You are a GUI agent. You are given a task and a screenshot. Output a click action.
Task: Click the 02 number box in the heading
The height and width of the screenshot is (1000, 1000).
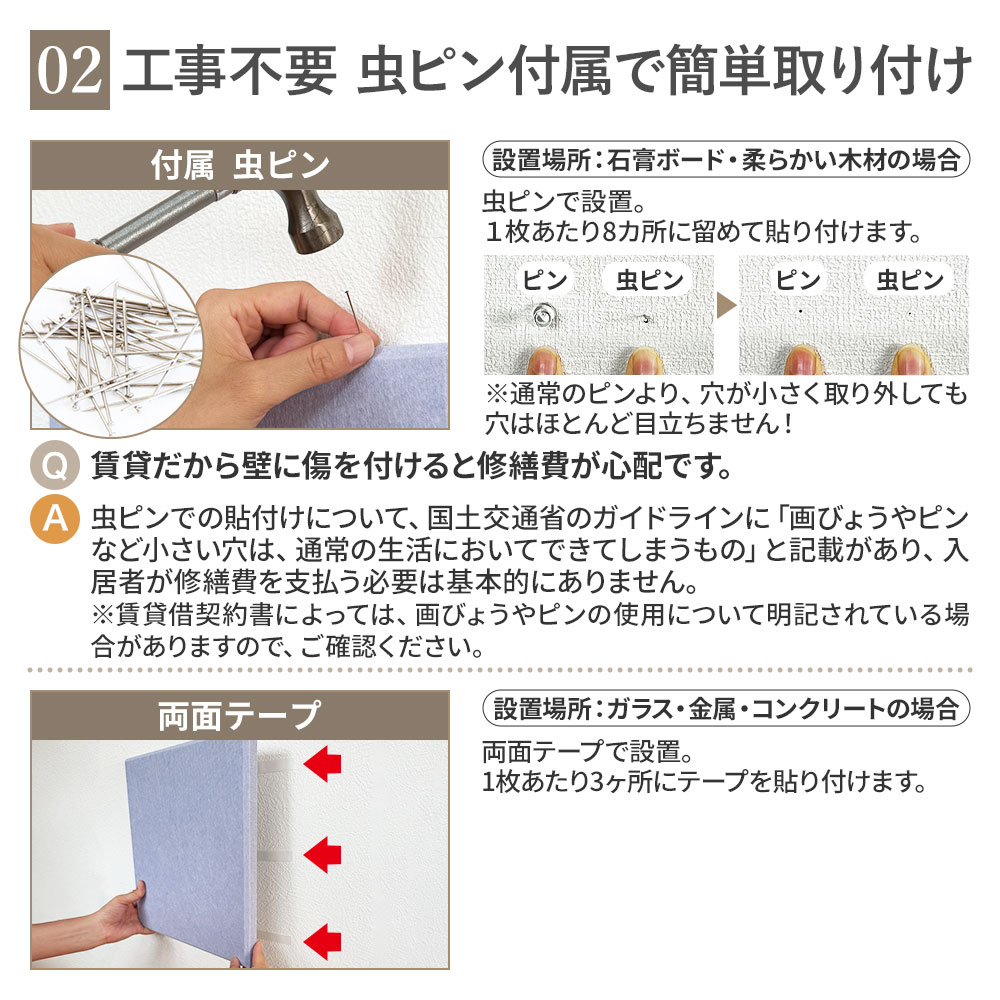(70, 70)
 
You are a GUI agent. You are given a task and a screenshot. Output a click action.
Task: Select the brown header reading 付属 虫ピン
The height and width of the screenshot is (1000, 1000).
(240, 165)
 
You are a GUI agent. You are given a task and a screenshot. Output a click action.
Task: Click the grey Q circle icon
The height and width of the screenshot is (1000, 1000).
(54, 466)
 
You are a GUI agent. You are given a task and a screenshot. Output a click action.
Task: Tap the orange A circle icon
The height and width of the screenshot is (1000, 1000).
(54, 519)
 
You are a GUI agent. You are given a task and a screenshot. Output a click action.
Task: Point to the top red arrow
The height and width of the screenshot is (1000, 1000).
(323, 763)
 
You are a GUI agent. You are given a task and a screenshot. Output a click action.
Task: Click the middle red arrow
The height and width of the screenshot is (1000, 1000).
(323, 854)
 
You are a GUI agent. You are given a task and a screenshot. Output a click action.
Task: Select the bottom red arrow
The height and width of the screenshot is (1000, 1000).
(323, 941)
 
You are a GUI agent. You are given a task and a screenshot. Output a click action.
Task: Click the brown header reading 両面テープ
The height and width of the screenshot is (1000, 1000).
(240, 715)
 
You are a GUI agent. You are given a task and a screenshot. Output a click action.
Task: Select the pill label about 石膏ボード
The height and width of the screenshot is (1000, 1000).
(726, 159)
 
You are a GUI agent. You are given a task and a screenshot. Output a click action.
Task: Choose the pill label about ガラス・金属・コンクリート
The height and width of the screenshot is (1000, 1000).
(726, 709)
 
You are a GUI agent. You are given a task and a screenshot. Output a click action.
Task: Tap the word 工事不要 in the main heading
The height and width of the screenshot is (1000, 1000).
(230, 70)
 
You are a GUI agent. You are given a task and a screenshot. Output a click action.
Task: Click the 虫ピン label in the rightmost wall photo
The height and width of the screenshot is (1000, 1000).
(910, 280)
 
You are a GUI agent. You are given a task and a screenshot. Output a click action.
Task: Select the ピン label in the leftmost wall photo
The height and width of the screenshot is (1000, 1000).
(545, 280)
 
